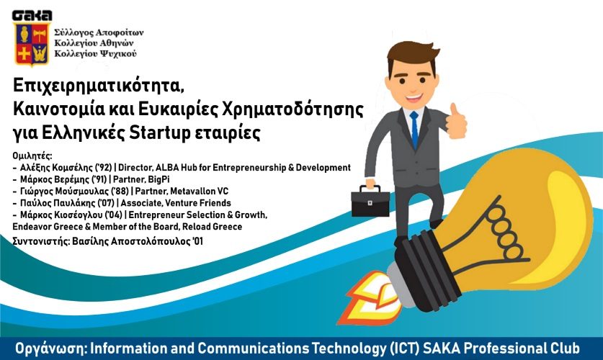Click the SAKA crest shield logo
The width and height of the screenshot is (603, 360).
coord(32,43)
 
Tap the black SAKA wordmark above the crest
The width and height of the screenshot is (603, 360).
coord(32,15)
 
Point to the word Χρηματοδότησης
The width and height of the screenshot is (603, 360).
coord(293,109)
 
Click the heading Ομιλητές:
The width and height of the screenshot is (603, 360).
coord(32,156)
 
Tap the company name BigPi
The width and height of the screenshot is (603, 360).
coord(158,179)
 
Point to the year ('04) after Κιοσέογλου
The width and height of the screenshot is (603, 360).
coord(115,215)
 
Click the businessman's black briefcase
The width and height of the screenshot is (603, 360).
coord(370,201)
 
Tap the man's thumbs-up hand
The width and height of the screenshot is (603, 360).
coord(456,121)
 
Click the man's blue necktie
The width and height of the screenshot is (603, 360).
coord(414,130)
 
